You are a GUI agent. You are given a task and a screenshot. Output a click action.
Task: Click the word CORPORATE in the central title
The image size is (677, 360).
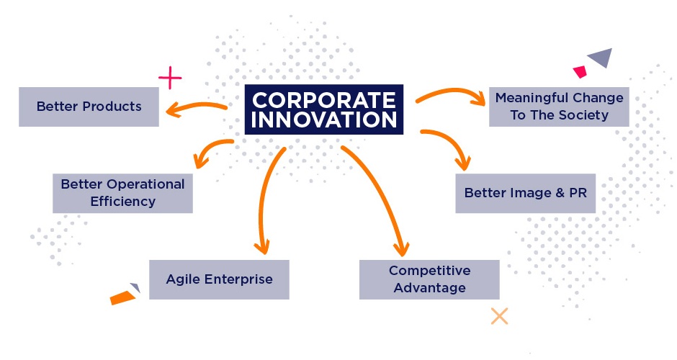324,100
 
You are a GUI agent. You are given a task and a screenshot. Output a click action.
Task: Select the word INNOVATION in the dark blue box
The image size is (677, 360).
324,120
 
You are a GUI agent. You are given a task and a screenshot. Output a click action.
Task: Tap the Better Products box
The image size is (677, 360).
89,107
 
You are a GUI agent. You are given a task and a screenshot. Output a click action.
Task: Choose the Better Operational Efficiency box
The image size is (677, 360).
122,193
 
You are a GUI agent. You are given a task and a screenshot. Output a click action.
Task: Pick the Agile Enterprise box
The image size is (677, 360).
220,279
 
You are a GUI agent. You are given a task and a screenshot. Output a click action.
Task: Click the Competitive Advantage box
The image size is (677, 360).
429,279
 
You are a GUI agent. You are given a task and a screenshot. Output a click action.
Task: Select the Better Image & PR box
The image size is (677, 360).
526,193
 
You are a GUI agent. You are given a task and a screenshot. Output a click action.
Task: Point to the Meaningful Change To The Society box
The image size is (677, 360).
559,107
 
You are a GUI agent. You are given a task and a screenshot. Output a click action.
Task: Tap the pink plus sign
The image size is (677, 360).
170,78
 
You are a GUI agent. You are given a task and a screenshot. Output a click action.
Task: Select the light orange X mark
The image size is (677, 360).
500,316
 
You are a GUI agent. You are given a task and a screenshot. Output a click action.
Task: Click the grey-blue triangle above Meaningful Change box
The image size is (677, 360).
602,57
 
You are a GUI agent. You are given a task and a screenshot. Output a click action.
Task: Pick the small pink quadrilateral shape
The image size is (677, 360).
580,72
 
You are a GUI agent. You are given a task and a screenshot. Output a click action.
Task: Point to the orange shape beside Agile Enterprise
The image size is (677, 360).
122,297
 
